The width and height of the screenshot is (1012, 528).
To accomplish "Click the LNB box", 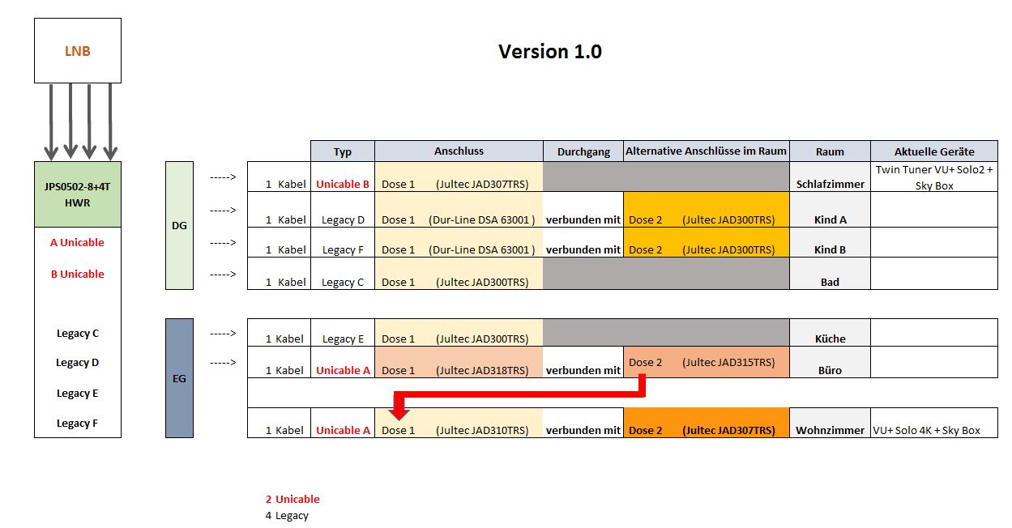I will click(x=77, y=51).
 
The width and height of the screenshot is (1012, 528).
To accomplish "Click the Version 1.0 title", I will click(x=549, y=52).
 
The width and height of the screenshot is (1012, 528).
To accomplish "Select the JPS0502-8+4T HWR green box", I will click(x=77, y=194).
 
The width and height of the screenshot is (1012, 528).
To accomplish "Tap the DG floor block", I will click(x=179, y=225).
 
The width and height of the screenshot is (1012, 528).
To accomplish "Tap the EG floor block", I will click(x=179, y=378).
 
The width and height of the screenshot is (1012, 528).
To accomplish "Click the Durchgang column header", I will click(x=583, y=151).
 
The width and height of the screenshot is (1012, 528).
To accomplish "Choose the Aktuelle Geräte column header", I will click(x=933, y=151).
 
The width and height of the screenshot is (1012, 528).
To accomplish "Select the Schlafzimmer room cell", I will click(x=830, y=184).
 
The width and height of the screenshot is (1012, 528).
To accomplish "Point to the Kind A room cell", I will click(x=830, y=219).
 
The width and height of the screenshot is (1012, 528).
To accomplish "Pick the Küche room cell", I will click(x=830, y=339).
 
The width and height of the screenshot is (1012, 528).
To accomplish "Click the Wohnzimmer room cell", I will click(x=830, y=430).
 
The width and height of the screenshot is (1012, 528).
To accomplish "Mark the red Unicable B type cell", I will click(x=343, y=184).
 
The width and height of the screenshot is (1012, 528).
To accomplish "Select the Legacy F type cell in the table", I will click(x=343, y=249).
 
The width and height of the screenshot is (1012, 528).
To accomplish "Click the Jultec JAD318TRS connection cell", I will click(x=459, y=370).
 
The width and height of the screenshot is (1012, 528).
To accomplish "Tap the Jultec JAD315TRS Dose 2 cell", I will click(x=706, y=362).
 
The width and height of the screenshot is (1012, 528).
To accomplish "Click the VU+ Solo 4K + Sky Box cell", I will click(x=933, y=430).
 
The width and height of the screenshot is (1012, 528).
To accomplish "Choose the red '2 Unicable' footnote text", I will click(x=292, y=499).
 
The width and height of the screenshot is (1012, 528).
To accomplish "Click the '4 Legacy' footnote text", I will click(x=287, y=515).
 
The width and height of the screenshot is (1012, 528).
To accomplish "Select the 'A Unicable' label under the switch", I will click(x=77, y=242).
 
